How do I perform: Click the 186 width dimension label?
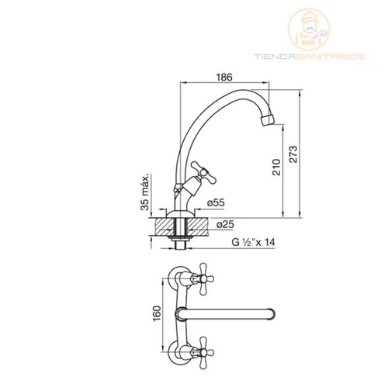(x=224, y=77)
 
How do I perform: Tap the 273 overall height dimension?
(x=293, y=154)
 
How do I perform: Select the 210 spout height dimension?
(x=276, y=168)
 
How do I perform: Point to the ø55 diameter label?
(x=216, y=202)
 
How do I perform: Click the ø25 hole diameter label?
(x=225, y=224)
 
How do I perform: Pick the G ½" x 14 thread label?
(x=253, y=242)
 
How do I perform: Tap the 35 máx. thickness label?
(x=145, y=192)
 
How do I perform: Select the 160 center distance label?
(x=157, y=313)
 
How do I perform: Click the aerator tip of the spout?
(x=267, y=119)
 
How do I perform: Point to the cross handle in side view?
(x=203, y=173)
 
